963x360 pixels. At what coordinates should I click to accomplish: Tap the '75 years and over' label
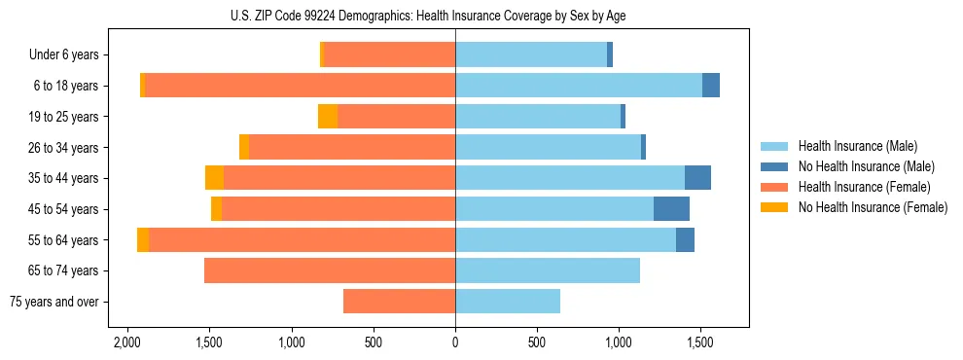(53, 302)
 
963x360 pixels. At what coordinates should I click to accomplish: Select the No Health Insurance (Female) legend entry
(873, 207)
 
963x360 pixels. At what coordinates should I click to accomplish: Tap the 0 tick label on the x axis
(455, 343)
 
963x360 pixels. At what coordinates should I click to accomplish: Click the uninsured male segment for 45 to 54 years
(671, 208)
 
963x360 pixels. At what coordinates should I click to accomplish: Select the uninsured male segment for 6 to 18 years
(711, 86)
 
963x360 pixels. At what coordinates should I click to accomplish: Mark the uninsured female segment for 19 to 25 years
(328, 117)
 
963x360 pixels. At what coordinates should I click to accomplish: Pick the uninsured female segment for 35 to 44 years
(214, 178)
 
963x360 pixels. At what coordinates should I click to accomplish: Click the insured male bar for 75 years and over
(508, 302)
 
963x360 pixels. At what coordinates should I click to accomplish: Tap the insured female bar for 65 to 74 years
(330, 270)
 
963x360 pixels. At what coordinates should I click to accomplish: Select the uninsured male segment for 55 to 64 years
(685, 239)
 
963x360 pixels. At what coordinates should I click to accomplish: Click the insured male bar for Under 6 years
(531, 54)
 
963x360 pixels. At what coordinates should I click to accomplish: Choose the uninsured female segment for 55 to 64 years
(143, 239)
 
